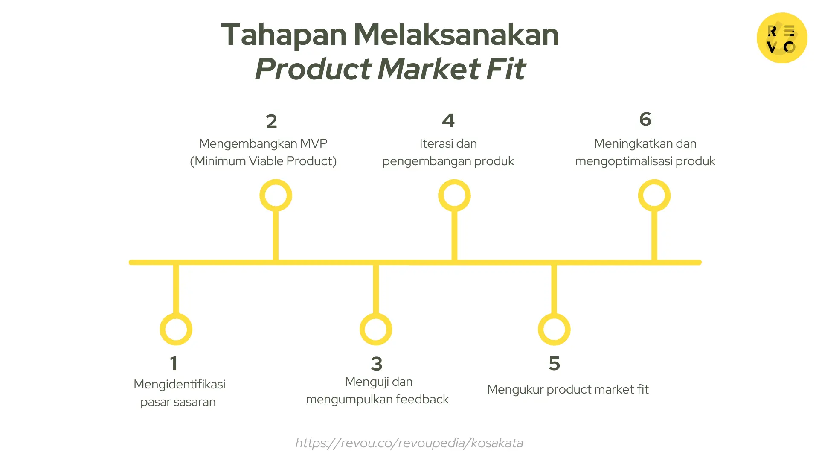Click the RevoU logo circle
pyautogui.click(x=781, y=38)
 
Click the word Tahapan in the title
pyautogui.click(x=284, y=34)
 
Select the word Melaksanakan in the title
pyautogui.click(x=456, y=34)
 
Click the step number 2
pyautogui.click(x=271, y=122)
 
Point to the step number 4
pyautogui.click(x=448, y=121)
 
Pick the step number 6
pyautogui.click(x=645, y=119)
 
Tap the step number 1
pyautogui.click(x=173, y=364)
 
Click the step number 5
pyautogui.click(x=554, y=364)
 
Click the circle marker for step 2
pyautogui.click(x=276, y=195)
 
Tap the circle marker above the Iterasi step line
pyautogui.click(x=454, y=195)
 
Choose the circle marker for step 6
pyautogui.click(x=654, y=195)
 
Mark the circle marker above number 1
pyautogui.click(x=176, y=329)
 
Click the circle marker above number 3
pyautogui.click(x=376, y=329)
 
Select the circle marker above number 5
pyautogui.click(x=554, y=329)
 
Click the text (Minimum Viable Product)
pyautogui.click(x=263, y=161)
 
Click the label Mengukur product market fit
pyautogui.click(x=568, y=389)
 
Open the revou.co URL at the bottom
pyautogui.click(x=409, y=443)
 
